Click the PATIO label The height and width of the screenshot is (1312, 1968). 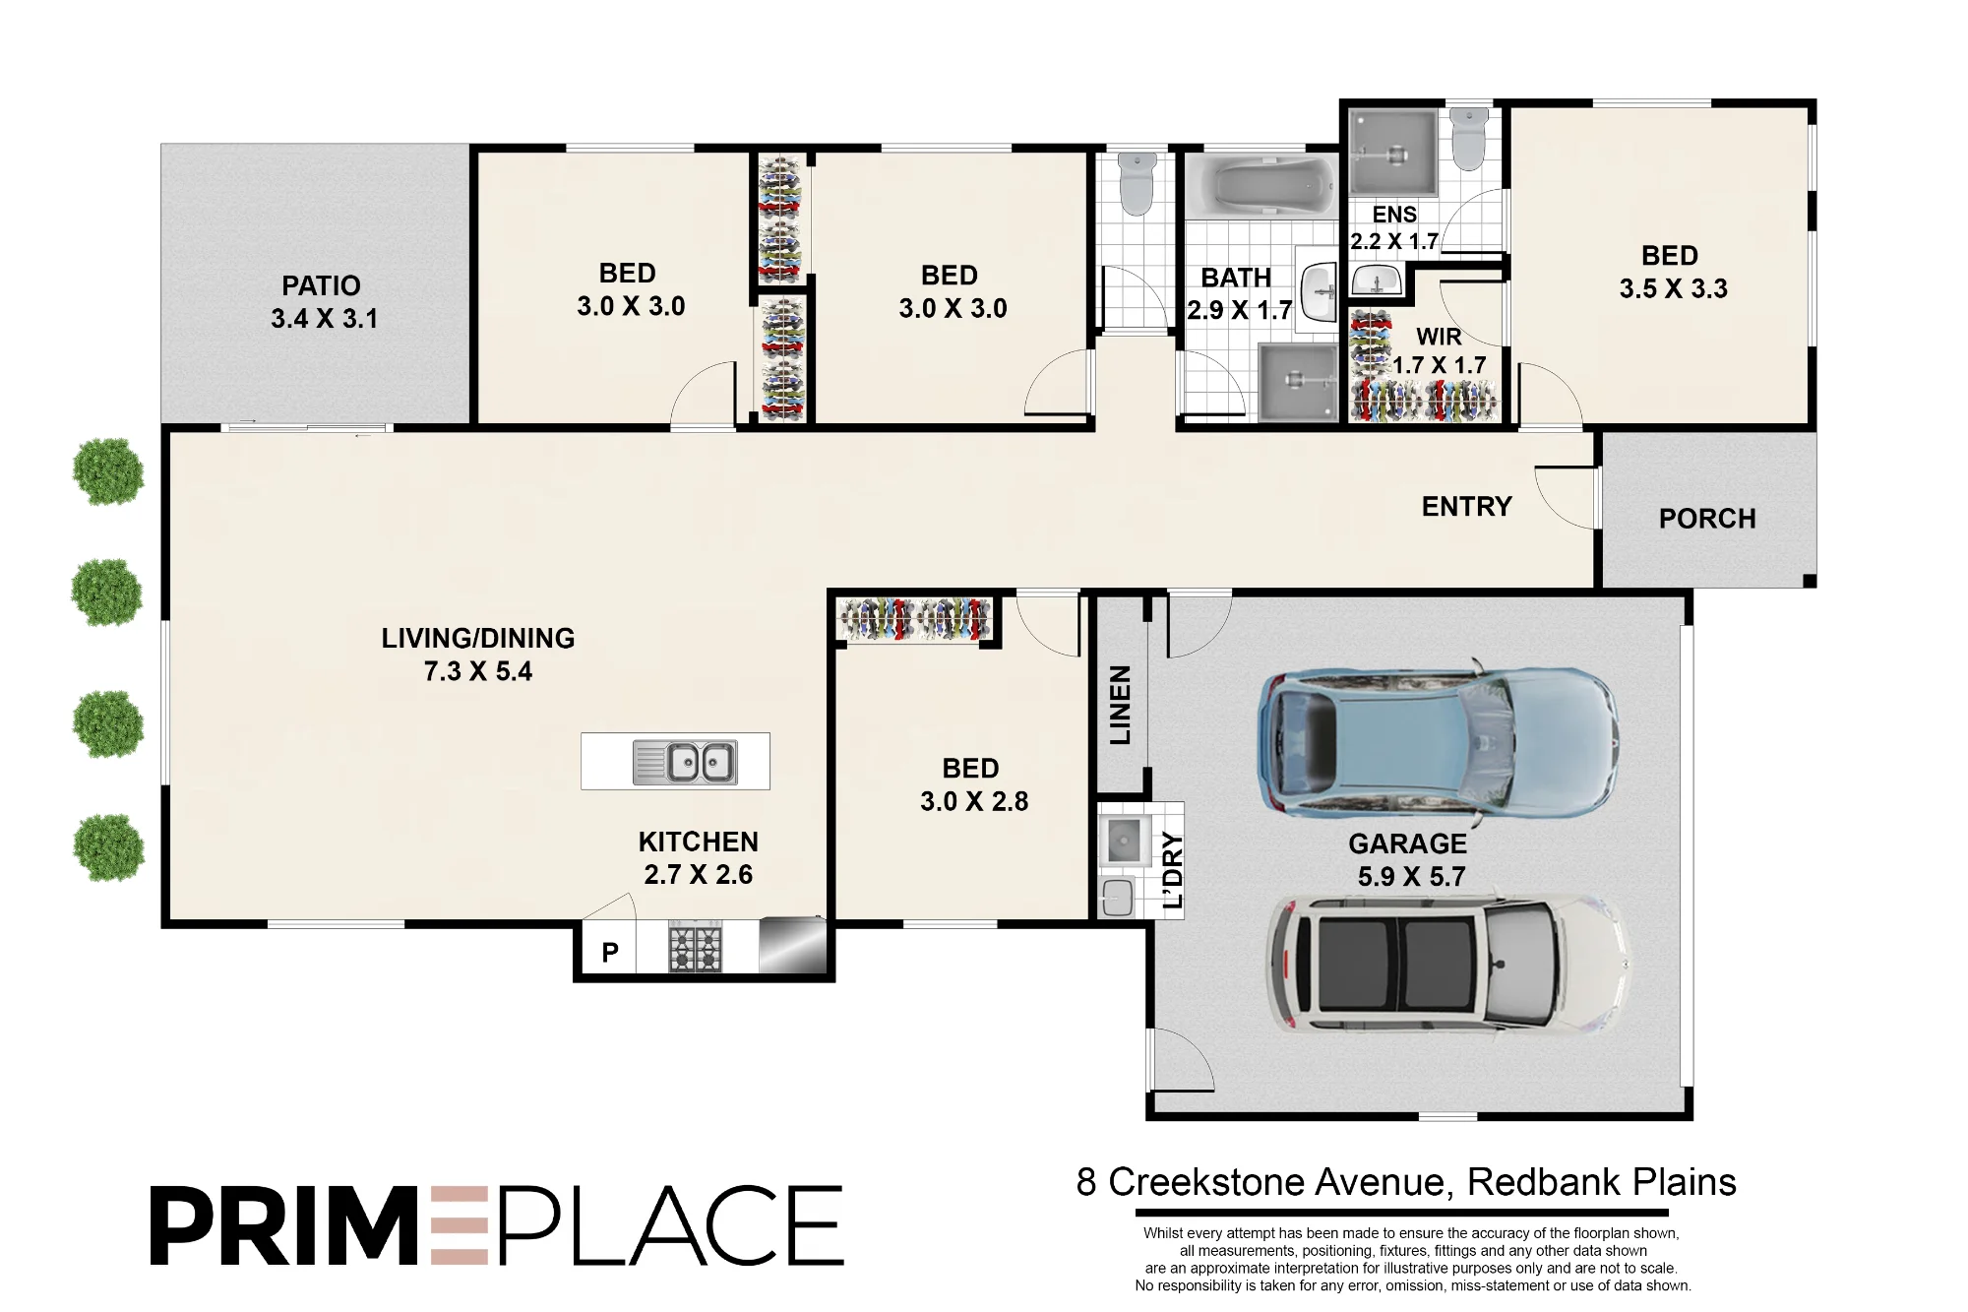pos(322,285)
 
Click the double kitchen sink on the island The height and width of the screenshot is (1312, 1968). pos(685,762)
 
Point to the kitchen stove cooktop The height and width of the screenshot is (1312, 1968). pos(696,948)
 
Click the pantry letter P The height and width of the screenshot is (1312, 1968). pos(610,952)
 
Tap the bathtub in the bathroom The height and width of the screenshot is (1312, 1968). pos(1262,185)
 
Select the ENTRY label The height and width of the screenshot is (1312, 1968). pos(1466,506)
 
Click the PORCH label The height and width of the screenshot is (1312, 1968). pos(1707,519)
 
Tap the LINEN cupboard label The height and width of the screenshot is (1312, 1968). pos(1121,705)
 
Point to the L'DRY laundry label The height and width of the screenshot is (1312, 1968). pos(1173,870)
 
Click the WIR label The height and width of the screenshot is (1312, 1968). pos(1439,337)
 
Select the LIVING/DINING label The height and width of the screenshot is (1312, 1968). pos(478,638)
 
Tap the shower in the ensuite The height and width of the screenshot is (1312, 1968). pos(1393,153)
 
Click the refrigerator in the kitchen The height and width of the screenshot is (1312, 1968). pos(793,945)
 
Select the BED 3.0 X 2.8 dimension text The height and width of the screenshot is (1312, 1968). pos(974,801)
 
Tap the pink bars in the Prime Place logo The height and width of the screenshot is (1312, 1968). pos(460,1225)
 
